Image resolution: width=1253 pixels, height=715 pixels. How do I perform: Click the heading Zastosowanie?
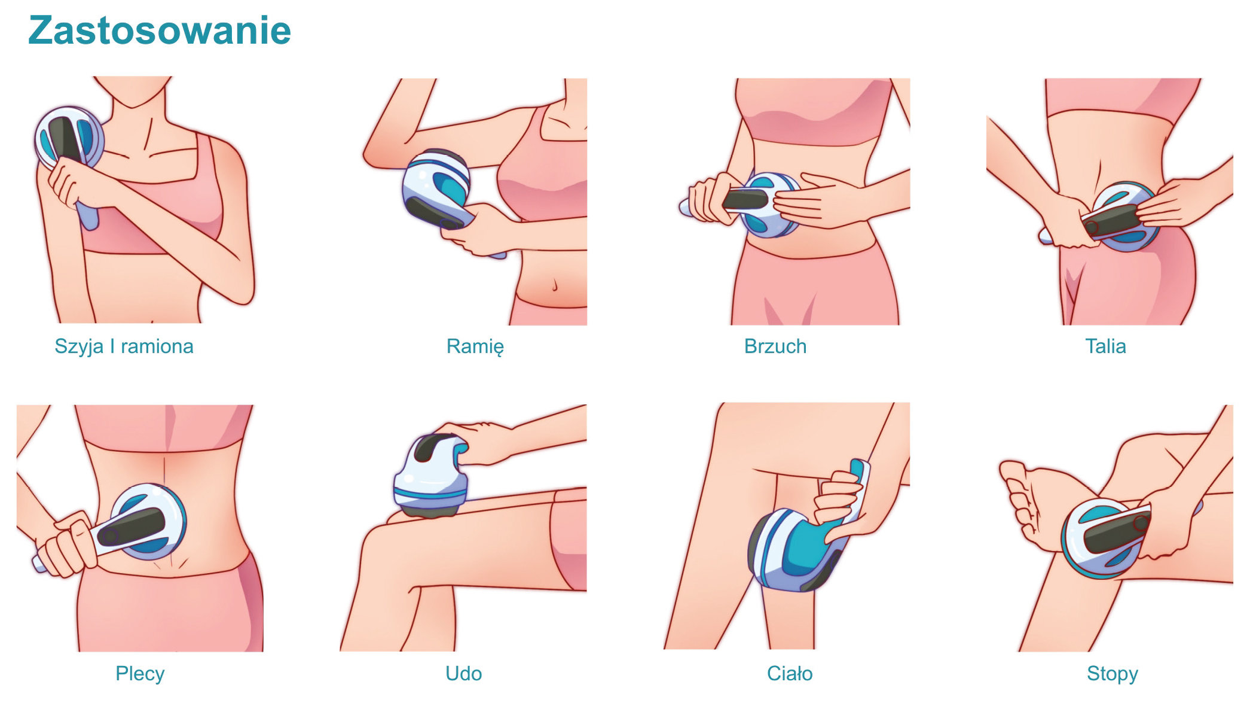coord(160,31)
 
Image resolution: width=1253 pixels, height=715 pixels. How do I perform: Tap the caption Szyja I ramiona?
coord(124,346)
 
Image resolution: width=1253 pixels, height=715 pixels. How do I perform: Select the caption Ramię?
coord(475,347)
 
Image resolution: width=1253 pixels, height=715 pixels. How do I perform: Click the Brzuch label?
coord(775,346)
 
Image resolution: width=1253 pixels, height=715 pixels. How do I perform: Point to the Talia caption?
coord(1105,346)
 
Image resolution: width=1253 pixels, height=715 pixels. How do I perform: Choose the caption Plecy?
coord(140,674)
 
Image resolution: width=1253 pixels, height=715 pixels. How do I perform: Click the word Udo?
coord(463,674)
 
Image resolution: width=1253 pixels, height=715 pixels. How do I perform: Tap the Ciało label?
coord(790,674)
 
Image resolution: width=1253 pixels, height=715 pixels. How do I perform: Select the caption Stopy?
coord(1112,674)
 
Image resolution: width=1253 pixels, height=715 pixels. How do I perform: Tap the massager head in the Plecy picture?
coord(148,522)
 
